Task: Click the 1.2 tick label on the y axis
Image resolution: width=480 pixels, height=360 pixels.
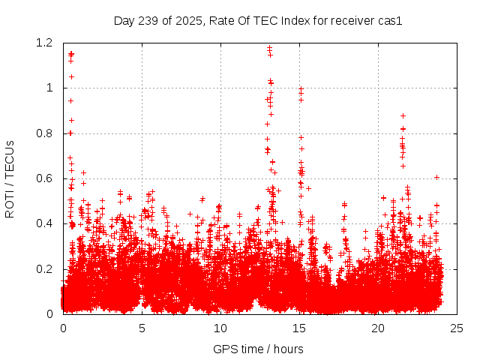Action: click(43, 43)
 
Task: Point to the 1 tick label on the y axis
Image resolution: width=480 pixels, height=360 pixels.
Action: click(49, 88)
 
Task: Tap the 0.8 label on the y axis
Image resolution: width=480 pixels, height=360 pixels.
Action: click(43, 133)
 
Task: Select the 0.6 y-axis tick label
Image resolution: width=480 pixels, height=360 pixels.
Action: click(43, 178)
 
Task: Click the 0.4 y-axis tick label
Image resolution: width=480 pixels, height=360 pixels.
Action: click(43, 223)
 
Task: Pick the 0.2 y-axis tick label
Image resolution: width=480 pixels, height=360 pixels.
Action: click(43, 268)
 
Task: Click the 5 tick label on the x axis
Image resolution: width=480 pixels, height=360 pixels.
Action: click(142, 328)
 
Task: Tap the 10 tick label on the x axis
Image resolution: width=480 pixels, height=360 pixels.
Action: click(220, 328)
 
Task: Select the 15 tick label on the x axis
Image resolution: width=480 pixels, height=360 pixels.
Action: click(299, 328)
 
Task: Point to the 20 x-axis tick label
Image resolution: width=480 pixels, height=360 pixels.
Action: click(378, 328)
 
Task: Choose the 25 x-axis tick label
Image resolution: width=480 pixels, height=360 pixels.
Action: click(457, 328)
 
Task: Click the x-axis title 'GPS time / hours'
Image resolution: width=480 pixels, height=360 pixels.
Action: click(258, 349)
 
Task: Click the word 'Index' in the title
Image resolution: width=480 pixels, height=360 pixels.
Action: click(295, 20)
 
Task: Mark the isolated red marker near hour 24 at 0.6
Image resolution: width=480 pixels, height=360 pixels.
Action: click(436, 177)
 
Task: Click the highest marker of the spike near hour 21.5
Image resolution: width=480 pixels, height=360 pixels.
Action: click(403, 115)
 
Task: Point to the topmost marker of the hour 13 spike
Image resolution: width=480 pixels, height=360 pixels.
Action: click(269, 48)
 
